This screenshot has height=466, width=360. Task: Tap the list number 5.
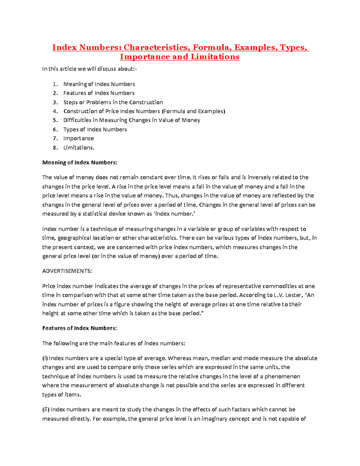[55, 120]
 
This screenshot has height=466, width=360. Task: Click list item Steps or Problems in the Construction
[113, 102]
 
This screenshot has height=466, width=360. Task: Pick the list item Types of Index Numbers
[95, 130]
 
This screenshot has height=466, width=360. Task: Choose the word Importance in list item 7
[79, 139]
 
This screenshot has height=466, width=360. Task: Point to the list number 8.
[55, 148]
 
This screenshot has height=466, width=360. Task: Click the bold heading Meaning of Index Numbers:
[79, 163]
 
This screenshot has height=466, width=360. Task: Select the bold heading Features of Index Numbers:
[79, 328]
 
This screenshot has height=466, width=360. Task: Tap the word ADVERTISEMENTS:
[67, 271]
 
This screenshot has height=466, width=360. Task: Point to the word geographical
[74, 238]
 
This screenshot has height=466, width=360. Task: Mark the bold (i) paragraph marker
[45, 358]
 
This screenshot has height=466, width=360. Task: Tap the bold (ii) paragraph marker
[46, 410]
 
